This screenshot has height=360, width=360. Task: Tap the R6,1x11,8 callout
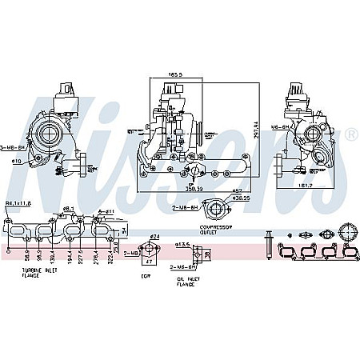coord(18,203)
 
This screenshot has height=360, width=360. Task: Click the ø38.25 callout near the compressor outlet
coord(242,198)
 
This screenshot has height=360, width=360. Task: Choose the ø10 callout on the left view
coord(15,161)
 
